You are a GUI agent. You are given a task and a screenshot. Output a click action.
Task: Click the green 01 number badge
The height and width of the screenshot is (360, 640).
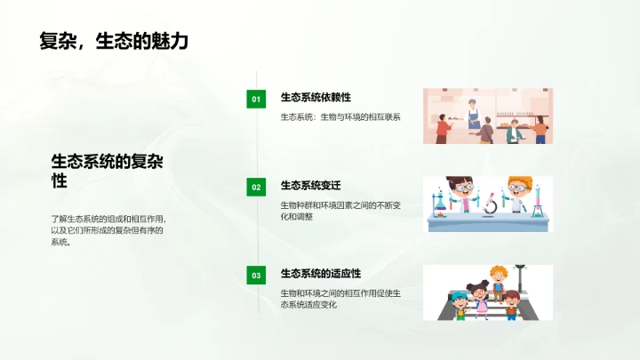coord(256,99)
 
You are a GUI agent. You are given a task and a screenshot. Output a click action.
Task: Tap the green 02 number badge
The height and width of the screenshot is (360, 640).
coord(256,187)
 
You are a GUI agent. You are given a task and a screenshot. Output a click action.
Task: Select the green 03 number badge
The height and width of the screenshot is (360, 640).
coord(256,276)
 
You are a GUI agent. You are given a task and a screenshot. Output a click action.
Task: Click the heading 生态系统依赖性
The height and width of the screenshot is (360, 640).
coord(310,97)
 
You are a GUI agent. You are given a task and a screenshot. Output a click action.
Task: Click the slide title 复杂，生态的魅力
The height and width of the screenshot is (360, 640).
coord(114,40)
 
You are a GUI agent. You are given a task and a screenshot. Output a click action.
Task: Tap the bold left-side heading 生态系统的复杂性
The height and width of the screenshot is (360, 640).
coord(107,171)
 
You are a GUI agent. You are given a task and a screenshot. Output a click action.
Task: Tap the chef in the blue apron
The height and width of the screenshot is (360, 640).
coord(474,114)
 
